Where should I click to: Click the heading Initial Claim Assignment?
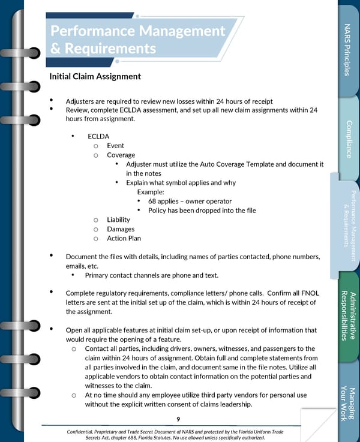[x=95, y=77]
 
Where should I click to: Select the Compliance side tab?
[x=348, y=139]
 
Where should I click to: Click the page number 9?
[x=178, y=419]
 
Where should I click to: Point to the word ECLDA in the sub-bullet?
[x=98, y=136]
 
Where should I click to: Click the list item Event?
[x=115, y=146]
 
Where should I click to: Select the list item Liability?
[x=118, y=220]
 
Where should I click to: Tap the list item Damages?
[x=121, y=229]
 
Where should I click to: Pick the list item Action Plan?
[x=124, y=238]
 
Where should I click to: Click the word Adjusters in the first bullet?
[x=80, y=101]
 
